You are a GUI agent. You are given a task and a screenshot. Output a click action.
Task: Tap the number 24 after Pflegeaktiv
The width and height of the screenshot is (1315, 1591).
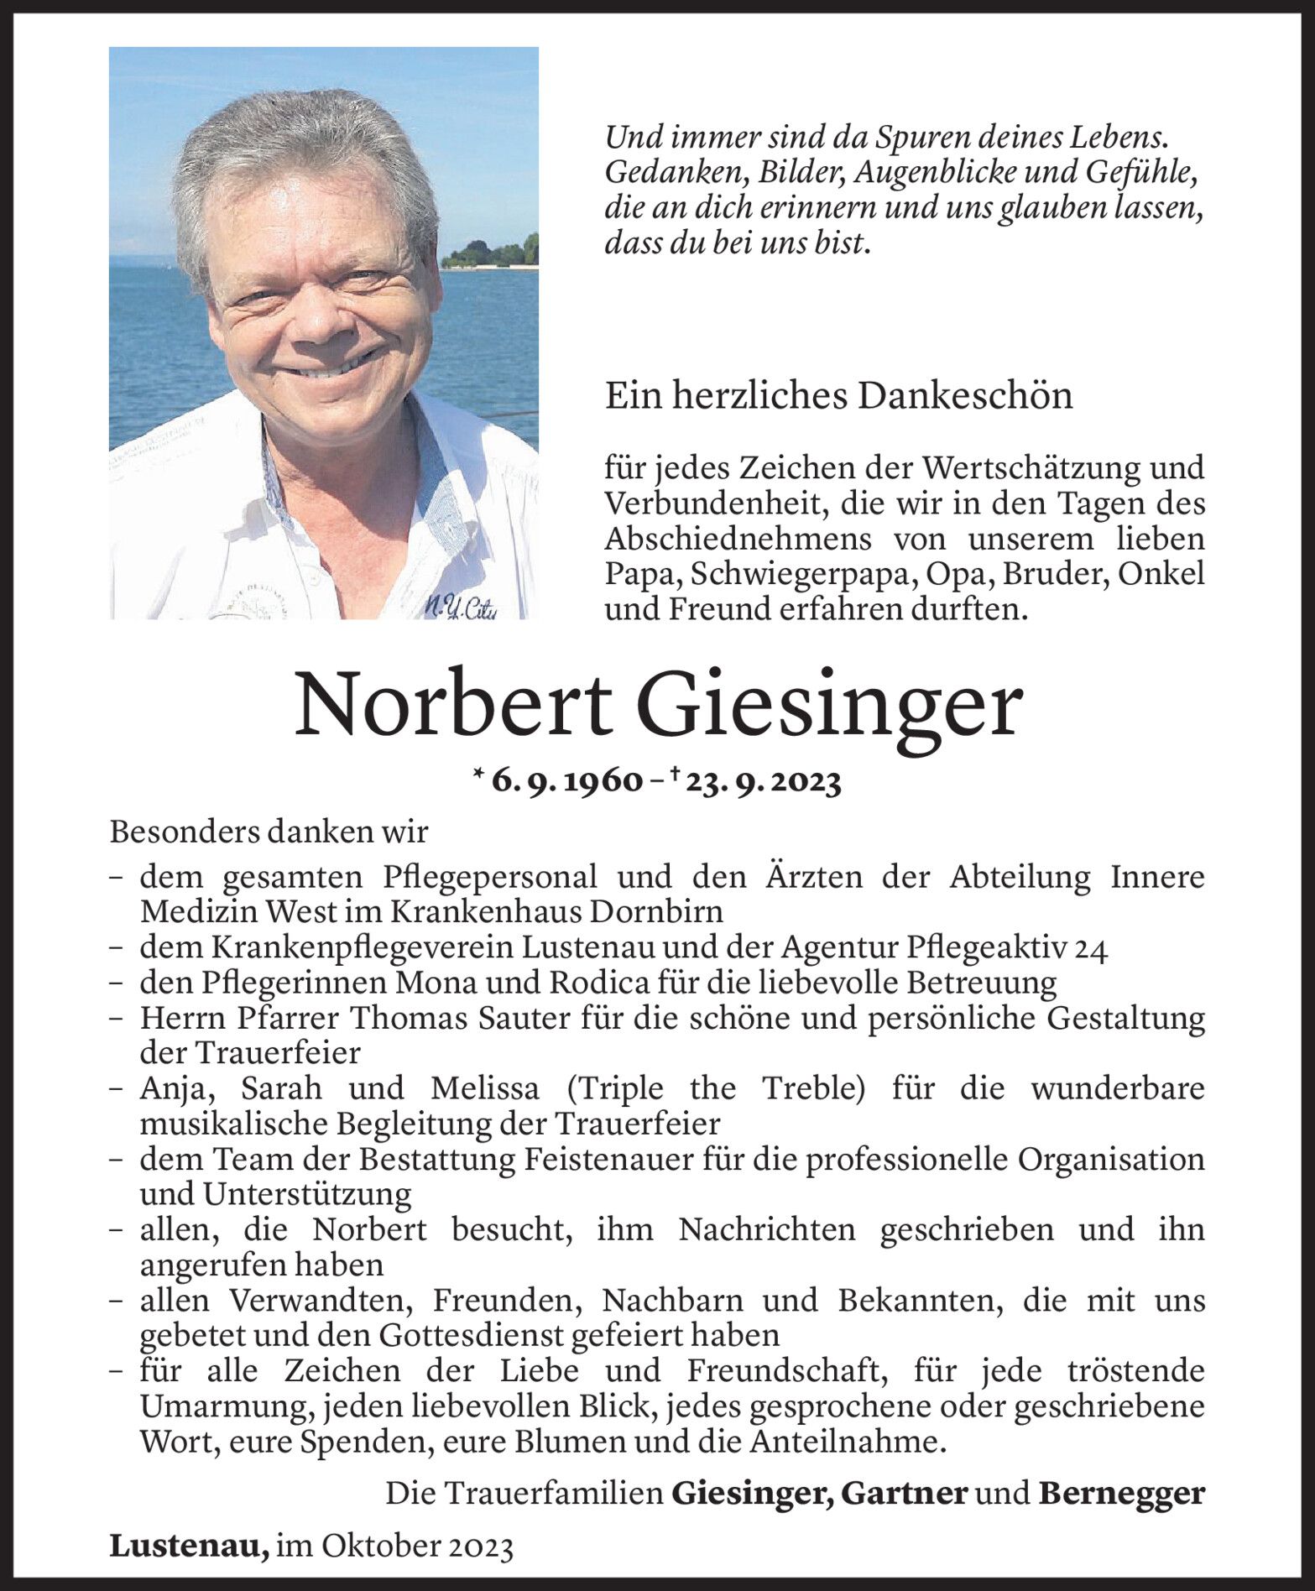[x=1091, y=948]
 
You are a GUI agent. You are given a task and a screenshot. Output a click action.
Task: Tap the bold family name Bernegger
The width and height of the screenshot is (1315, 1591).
[x=1121, y=1494]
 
